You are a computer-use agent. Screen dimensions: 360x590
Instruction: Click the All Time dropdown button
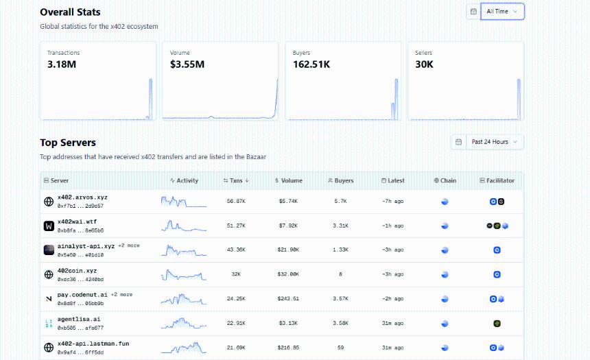502,12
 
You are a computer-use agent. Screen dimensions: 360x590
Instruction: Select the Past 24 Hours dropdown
495,142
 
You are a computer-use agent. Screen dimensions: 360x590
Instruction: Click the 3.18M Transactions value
61,64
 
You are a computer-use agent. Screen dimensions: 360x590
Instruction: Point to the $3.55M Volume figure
187,64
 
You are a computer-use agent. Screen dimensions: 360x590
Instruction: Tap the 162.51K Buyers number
311,64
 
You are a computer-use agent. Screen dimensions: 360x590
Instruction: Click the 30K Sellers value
424,64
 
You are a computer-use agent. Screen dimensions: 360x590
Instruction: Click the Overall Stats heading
70,12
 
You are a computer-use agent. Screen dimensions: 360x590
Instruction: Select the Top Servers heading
68,143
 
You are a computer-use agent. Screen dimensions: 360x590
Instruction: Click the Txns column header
236,181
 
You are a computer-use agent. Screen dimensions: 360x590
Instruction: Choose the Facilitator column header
497,181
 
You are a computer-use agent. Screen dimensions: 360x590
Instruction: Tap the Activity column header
184,181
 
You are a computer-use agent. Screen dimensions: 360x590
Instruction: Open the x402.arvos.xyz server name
82,197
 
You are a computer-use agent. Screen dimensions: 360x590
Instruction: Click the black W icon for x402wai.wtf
49,226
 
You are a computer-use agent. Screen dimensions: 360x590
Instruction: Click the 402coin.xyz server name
77,270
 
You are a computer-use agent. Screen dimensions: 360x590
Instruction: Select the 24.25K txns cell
236,299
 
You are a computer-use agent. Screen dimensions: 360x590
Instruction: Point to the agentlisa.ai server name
79,319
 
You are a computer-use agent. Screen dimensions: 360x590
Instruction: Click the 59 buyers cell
340,348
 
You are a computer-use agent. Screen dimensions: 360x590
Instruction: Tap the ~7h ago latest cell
392,202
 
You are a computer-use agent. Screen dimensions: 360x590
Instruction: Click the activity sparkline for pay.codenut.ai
184,299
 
